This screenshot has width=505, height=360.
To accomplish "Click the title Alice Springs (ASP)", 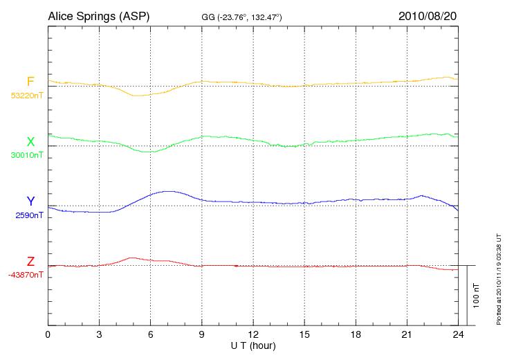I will [x=98, y=16].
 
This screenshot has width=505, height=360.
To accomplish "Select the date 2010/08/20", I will [x=427, y=16].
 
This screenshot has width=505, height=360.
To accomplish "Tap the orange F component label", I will [x=30, y=82].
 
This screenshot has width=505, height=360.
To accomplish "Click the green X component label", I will [x=30, y=141].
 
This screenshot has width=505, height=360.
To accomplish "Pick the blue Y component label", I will [x=30, y=201].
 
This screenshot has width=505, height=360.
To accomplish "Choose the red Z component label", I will [x=30, y=261].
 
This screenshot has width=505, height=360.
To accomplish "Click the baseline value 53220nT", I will [x=26, y=96].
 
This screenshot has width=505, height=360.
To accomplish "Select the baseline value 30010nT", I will [x=26, y=155].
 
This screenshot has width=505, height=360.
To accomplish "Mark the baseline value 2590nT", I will [x=29, y=215].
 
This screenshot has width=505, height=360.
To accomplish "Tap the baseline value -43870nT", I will [x=26, y=275].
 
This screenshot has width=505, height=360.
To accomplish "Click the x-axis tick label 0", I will [x=48, y=335].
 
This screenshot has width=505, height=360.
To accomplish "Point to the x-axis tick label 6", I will [x=151, y=335].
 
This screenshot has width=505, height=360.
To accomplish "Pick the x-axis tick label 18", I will [x=356, y=335].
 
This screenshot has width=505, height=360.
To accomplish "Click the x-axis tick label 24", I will [x=458, y=335].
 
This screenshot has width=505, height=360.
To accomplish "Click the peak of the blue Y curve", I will [x=167, y=191].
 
